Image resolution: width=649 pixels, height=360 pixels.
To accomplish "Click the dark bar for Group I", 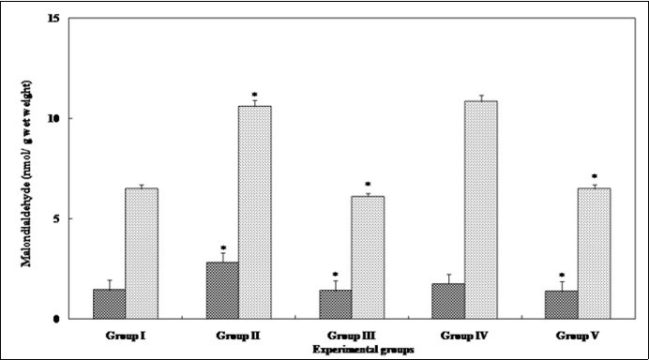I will point(110,304).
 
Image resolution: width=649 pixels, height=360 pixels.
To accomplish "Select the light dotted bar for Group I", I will point(142,253).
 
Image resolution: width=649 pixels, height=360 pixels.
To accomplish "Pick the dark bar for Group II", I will point(222,291).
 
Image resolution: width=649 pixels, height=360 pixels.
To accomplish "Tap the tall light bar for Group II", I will point(254,212).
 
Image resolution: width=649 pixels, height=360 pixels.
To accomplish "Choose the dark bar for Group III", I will point(336,304).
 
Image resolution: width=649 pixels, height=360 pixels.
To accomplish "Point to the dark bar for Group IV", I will point(448,301).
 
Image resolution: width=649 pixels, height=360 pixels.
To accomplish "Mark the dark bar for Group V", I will point(562,305).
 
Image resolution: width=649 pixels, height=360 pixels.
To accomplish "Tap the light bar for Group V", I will point(594,253).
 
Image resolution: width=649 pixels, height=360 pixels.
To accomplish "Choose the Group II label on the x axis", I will point(238,335).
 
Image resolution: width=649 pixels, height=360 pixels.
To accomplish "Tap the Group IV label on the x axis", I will point(464,335).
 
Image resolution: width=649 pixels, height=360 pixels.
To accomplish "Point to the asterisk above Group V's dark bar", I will point(562,272).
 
